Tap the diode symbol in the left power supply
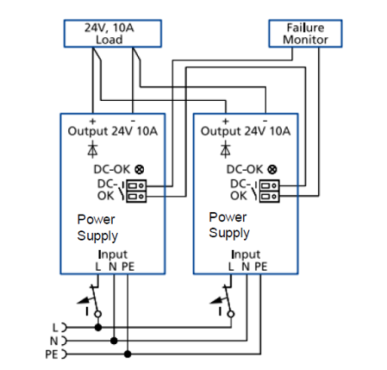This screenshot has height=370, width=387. (x=92, y=150)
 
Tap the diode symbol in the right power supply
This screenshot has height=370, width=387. (x=226, y=150)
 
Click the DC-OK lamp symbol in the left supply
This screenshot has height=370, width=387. (x=140, y=169)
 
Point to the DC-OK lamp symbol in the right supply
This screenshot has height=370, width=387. (x=272, y=169)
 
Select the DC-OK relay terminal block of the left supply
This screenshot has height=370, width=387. (x=136, y=191)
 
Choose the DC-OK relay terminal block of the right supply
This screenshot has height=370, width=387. (x=269, y=191)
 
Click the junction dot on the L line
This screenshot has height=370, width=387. (x=98, y=327)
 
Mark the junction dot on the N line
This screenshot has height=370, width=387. (x=114, y=341)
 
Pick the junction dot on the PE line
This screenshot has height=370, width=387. (x=128, y=354)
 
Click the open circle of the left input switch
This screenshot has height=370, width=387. (x=98, y=314)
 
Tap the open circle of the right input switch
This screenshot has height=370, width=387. (x=231, y=314)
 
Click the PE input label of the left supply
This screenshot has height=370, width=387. (x=128, y=267)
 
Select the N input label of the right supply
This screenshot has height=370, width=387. (x=246, y=267)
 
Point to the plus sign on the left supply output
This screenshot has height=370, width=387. (x=92, y=121)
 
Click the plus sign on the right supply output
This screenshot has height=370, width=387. (x=226, y=121)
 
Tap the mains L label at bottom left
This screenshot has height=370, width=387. (x=55, y=328)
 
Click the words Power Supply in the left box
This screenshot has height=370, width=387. (x=97, y=228)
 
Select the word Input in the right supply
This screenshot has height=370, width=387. (x=246, y=254)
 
